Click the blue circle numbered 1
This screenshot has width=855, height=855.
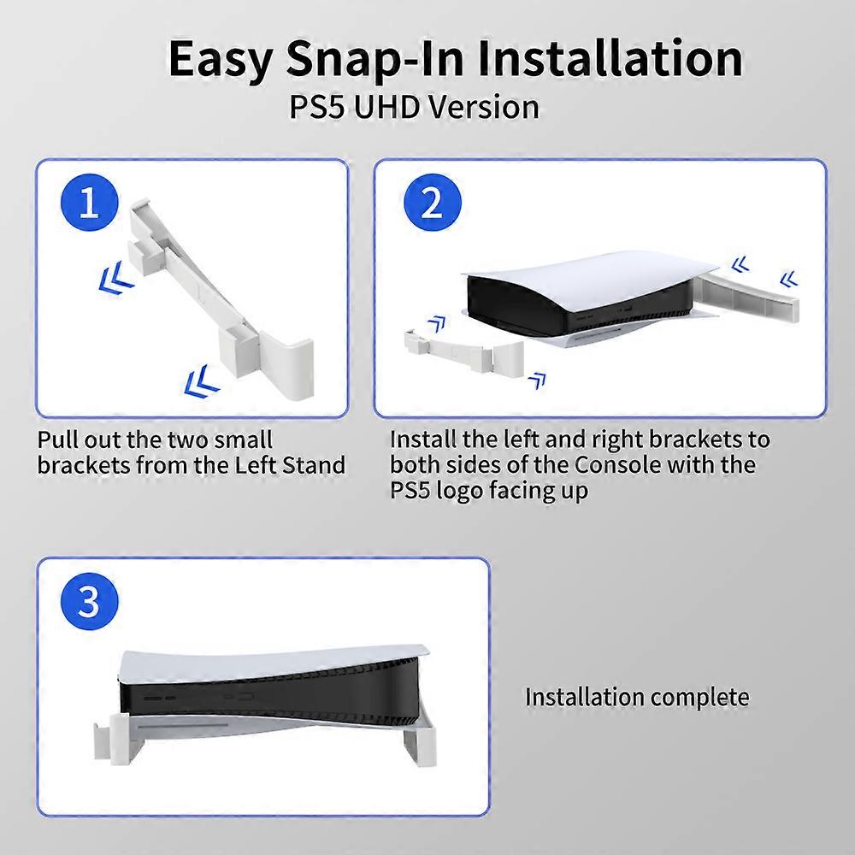(90, 205)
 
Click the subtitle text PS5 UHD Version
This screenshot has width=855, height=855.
(415, 108)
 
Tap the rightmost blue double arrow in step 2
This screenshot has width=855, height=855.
(788, 279)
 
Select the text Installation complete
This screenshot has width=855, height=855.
(636, 697)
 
